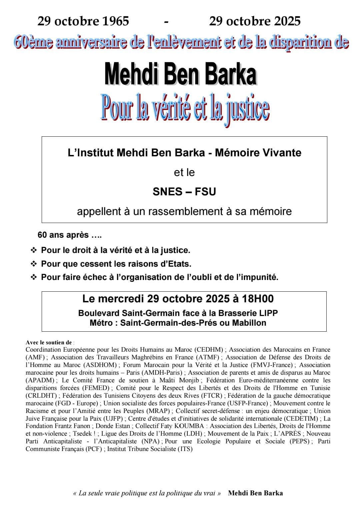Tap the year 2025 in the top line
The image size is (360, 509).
(x=283, y=21)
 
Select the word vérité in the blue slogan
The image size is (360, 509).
(x=170, y=109)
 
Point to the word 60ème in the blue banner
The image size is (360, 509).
(x=33, y=43)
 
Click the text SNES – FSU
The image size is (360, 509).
(x=184, y=192)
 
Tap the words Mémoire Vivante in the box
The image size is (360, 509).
(x=258, y=153)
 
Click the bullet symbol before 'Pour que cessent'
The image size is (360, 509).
(x=34, y=264)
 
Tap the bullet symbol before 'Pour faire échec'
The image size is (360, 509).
(x=34, y=277)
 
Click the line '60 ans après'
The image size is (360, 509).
(x=69, y=235)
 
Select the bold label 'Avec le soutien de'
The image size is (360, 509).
(x=49, y=342)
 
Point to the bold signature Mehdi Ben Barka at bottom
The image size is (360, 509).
(x=255, y=493)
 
